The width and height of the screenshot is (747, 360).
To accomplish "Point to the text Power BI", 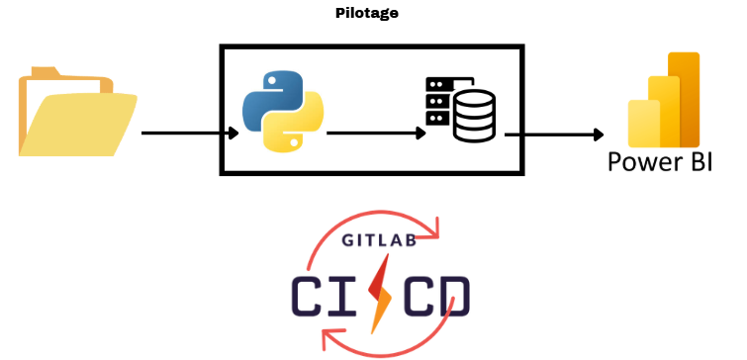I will pyautogui.click(x=659, y=161).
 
